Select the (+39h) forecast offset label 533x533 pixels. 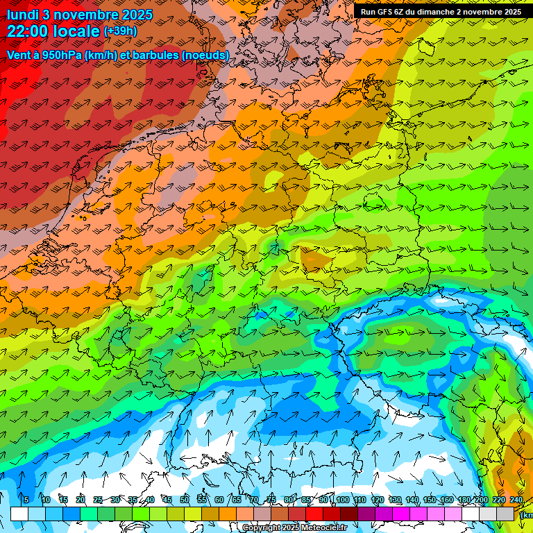click(x=120, y=31)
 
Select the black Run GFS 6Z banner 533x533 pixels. click(x=441, y=12)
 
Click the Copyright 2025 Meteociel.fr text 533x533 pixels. click(x=295, y=528)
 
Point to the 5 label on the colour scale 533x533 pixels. click(x=26, y=500)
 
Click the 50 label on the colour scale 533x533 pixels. click(x=185, y=500)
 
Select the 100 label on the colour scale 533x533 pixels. click(x=342, y=500)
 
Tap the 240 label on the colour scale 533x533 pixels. click(x=516, y=500)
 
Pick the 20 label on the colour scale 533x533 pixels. click(x=81, y=500)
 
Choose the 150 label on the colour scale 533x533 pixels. click(x=430, y=500)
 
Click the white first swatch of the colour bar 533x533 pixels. click(x=19, y=514)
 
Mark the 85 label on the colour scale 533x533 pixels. click(x=307, y=500)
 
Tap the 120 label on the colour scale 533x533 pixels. click(x=378, y=500)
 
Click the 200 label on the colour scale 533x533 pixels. click(x=482, y=500)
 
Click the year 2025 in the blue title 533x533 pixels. click(x=135, y=15)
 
